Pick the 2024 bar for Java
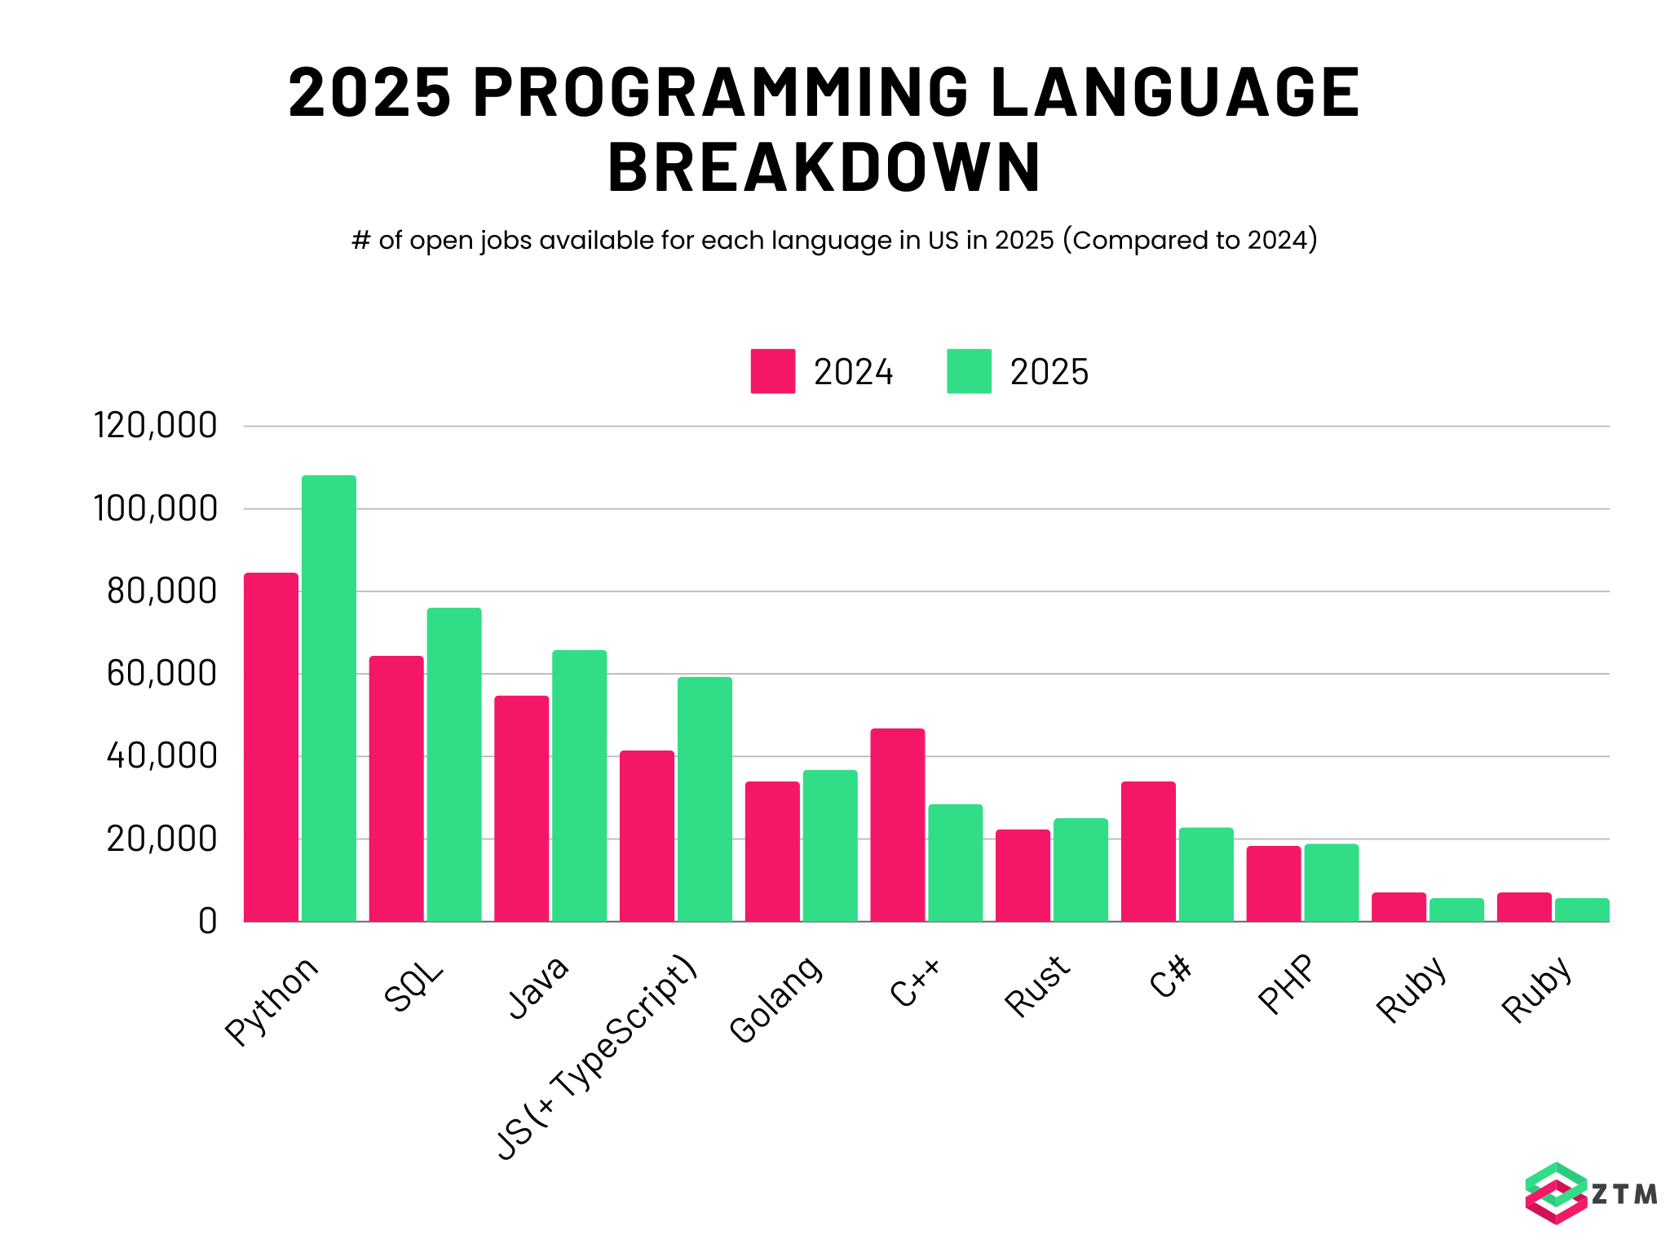522,808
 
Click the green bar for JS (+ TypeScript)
705,799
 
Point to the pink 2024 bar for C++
898,824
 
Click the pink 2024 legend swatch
773,371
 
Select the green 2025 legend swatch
969,371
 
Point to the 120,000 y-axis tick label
155,426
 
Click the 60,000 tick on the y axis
161,674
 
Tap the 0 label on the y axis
207,922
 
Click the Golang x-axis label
776,998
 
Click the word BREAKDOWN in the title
824,167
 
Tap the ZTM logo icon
1555,1193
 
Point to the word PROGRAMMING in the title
721,91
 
